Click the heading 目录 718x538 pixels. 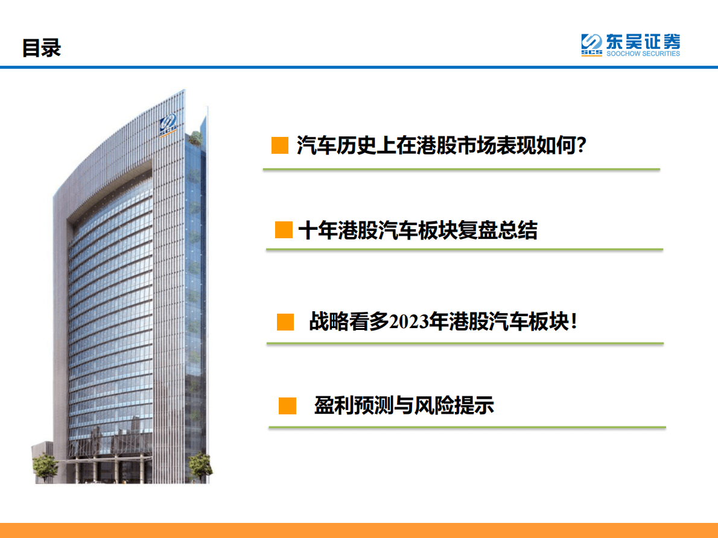coord(42,48)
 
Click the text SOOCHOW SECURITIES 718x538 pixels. coord(643,54)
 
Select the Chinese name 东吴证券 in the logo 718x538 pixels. coord(643,42)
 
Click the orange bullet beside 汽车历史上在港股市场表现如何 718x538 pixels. coord(279,145)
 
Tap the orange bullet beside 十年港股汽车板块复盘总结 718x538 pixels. coord(284,230)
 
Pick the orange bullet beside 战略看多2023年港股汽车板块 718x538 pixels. coord(285,321)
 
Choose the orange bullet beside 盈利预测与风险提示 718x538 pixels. coord(287,405)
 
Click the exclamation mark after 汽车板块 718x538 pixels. coord(573,321)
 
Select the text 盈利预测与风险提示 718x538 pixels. coord(404,405)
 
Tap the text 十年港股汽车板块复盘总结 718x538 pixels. coord(418,230)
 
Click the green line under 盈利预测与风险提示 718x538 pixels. coord(466,427)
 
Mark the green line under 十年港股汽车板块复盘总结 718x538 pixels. coord(464,249)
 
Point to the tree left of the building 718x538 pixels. coord(44,467)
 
